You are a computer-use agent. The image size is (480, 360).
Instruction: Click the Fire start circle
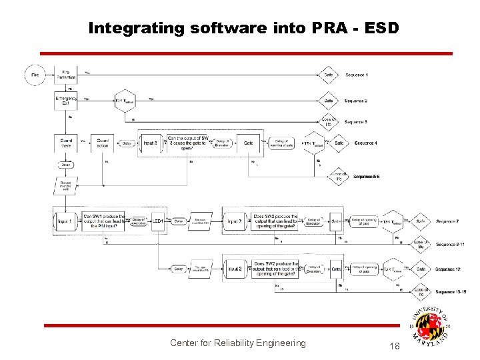[x=35, y=75]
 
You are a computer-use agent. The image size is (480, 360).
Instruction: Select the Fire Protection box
[x=66, y=75]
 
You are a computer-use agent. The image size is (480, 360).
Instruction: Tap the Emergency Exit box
[x=66, y=100]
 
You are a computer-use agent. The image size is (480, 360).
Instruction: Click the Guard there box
[x=66, y=143]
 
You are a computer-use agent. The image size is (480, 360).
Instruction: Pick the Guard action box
[x=103, y=143]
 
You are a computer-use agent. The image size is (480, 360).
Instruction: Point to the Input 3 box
[x=151, y=143]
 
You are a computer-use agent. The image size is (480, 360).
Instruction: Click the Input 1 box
[x=64, y=221]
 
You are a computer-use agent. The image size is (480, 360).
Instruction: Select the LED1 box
[x=158, y=221]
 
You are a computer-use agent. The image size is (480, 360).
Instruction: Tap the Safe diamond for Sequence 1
[x=328, y=75]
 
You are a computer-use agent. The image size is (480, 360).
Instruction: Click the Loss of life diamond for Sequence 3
[x=328, y=122]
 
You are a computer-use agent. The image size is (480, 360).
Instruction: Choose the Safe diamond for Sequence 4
[x=339, y=143]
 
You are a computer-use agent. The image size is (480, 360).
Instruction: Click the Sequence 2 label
[x=355, y=101]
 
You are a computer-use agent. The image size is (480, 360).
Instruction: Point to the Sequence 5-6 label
[x=367, y=177]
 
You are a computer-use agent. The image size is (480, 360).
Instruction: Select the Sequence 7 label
[x=447, y=221]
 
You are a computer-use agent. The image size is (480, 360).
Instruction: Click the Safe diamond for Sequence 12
[x=421, y=269]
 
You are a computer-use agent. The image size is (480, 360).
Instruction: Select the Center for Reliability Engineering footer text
[x=237, y=343]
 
